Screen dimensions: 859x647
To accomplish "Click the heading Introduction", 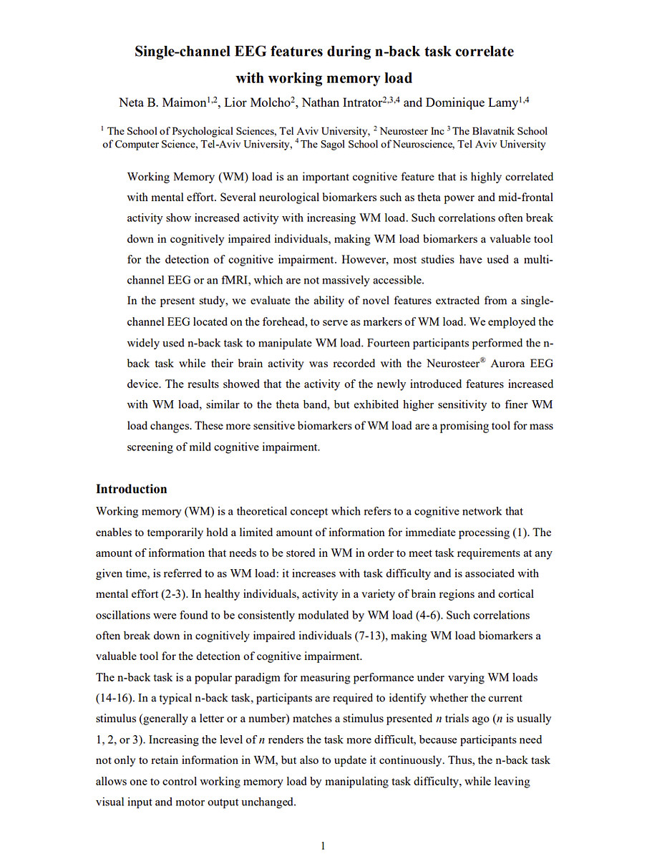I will tap(132, 490).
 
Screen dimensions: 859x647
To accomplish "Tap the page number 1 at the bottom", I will tap(323, 846).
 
